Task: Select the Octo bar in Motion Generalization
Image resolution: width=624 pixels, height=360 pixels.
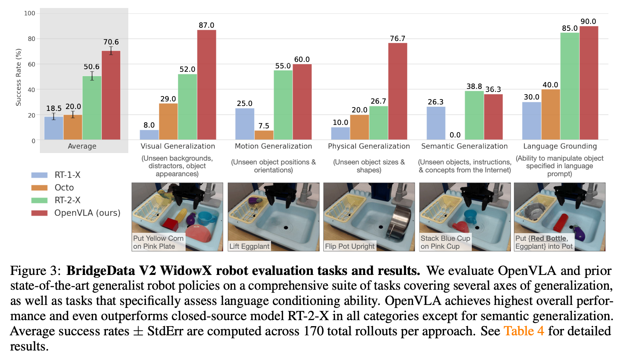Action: (264, 135)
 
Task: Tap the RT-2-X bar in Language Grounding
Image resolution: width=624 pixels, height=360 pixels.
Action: (570, 86)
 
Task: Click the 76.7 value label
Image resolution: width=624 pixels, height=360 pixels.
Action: (397, 38)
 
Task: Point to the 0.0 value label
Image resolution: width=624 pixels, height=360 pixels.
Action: (455, 135)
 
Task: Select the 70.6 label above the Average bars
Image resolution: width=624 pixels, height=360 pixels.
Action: (111, 42)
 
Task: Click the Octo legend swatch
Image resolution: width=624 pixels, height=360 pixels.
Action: (39, 188)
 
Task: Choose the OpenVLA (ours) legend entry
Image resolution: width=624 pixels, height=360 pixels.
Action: (87, 213)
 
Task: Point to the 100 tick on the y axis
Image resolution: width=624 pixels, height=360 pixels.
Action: (30, 13)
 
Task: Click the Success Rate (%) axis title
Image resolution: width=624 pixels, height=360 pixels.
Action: (18, 77)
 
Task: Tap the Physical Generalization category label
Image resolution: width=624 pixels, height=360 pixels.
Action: (369, 146)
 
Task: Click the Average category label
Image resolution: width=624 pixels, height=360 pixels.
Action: (82, 146)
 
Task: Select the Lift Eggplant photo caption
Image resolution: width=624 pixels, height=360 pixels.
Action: (249, 246)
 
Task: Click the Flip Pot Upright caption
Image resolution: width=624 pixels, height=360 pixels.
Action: (350, 246)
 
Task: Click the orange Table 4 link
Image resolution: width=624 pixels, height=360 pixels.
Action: (524, 331)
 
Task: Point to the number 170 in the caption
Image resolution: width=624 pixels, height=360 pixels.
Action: (314, 331)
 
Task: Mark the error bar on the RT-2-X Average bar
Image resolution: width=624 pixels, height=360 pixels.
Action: (92, 76)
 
